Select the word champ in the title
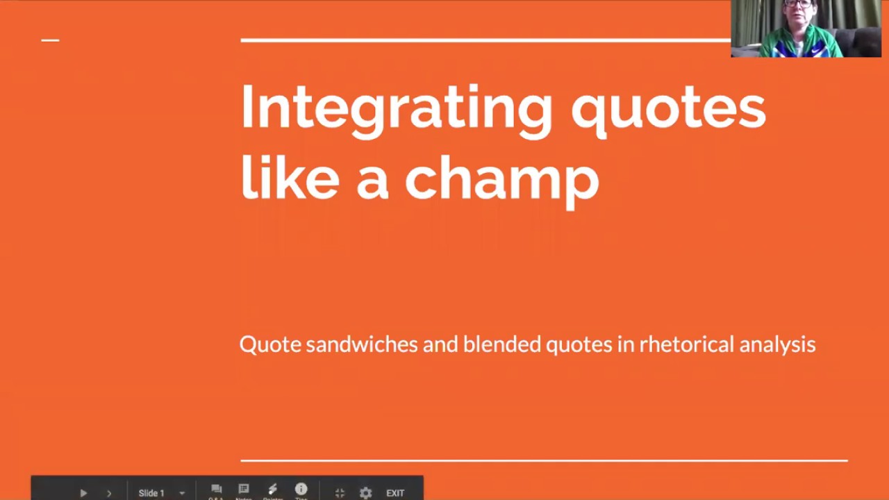tap(501, 178)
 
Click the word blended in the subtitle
tap(501, 344)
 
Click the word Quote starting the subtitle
tap(269, 344)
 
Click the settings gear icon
tap(366, 493)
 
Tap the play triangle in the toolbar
tap(83, 493)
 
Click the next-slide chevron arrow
tap(109, 493)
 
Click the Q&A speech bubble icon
tap(216, 490)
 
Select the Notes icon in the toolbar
tap(244, 490)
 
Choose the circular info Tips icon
tap(301, 490)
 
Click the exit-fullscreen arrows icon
tap(340, 493)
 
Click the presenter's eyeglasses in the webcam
tap(799, 4)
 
